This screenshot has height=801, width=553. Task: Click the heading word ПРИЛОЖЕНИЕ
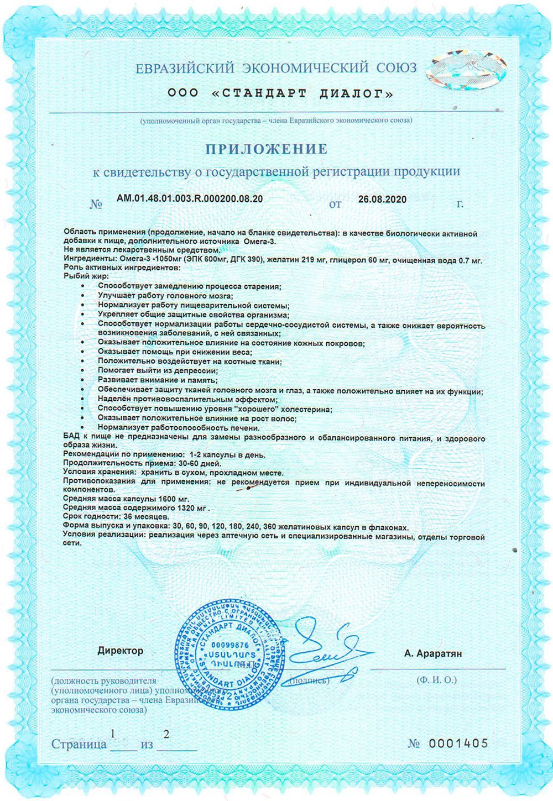(x=267, y=149)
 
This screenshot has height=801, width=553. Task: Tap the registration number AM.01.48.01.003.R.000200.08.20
(x=190, y=199)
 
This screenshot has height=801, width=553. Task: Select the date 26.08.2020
(x=382, y=199)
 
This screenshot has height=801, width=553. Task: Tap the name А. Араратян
(x=433, y=653)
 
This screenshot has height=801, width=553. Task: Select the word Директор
(x=120, y=651)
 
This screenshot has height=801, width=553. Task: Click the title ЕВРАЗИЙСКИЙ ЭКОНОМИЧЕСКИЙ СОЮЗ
(x=276, y=69)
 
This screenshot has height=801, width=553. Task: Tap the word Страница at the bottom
(x=79, y=744)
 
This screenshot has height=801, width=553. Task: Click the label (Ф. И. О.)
(x=436, y=680)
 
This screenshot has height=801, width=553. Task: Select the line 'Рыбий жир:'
(x=86, y=276)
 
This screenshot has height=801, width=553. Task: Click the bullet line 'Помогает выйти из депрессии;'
(x=157, y=370)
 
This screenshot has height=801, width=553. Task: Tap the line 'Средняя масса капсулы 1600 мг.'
(x=126, y=499)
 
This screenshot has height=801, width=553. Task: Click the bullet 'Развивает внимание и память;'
(x=157, y=380)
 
